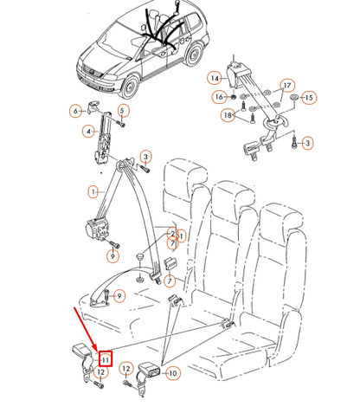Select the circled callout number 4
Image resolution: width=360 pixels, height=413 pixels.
87,132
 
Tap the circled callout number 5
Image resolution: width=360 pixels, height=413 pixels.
123,110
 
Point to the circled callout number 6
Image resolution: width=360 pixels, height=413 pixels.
75,111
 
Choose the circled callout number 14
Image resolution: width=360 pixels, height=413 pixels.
214,79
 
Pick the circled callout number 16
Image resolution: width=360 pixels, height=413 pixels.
219,96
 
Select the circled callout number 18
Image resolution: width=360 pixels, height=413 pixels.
227,115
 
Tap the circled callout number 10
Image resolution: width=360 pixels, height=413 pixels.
171,374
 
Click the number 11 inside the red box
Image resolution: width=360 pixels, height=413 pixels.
104,358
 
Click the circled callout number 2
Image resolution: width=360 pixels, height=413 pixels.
172,235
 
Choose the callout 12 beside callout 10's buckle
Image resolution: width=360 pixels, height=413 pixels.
127,369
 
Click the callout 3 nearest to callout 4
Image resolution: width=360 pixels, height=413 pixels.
146,157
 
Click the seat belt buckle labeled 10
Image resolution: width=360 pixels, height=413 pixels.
150,373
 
